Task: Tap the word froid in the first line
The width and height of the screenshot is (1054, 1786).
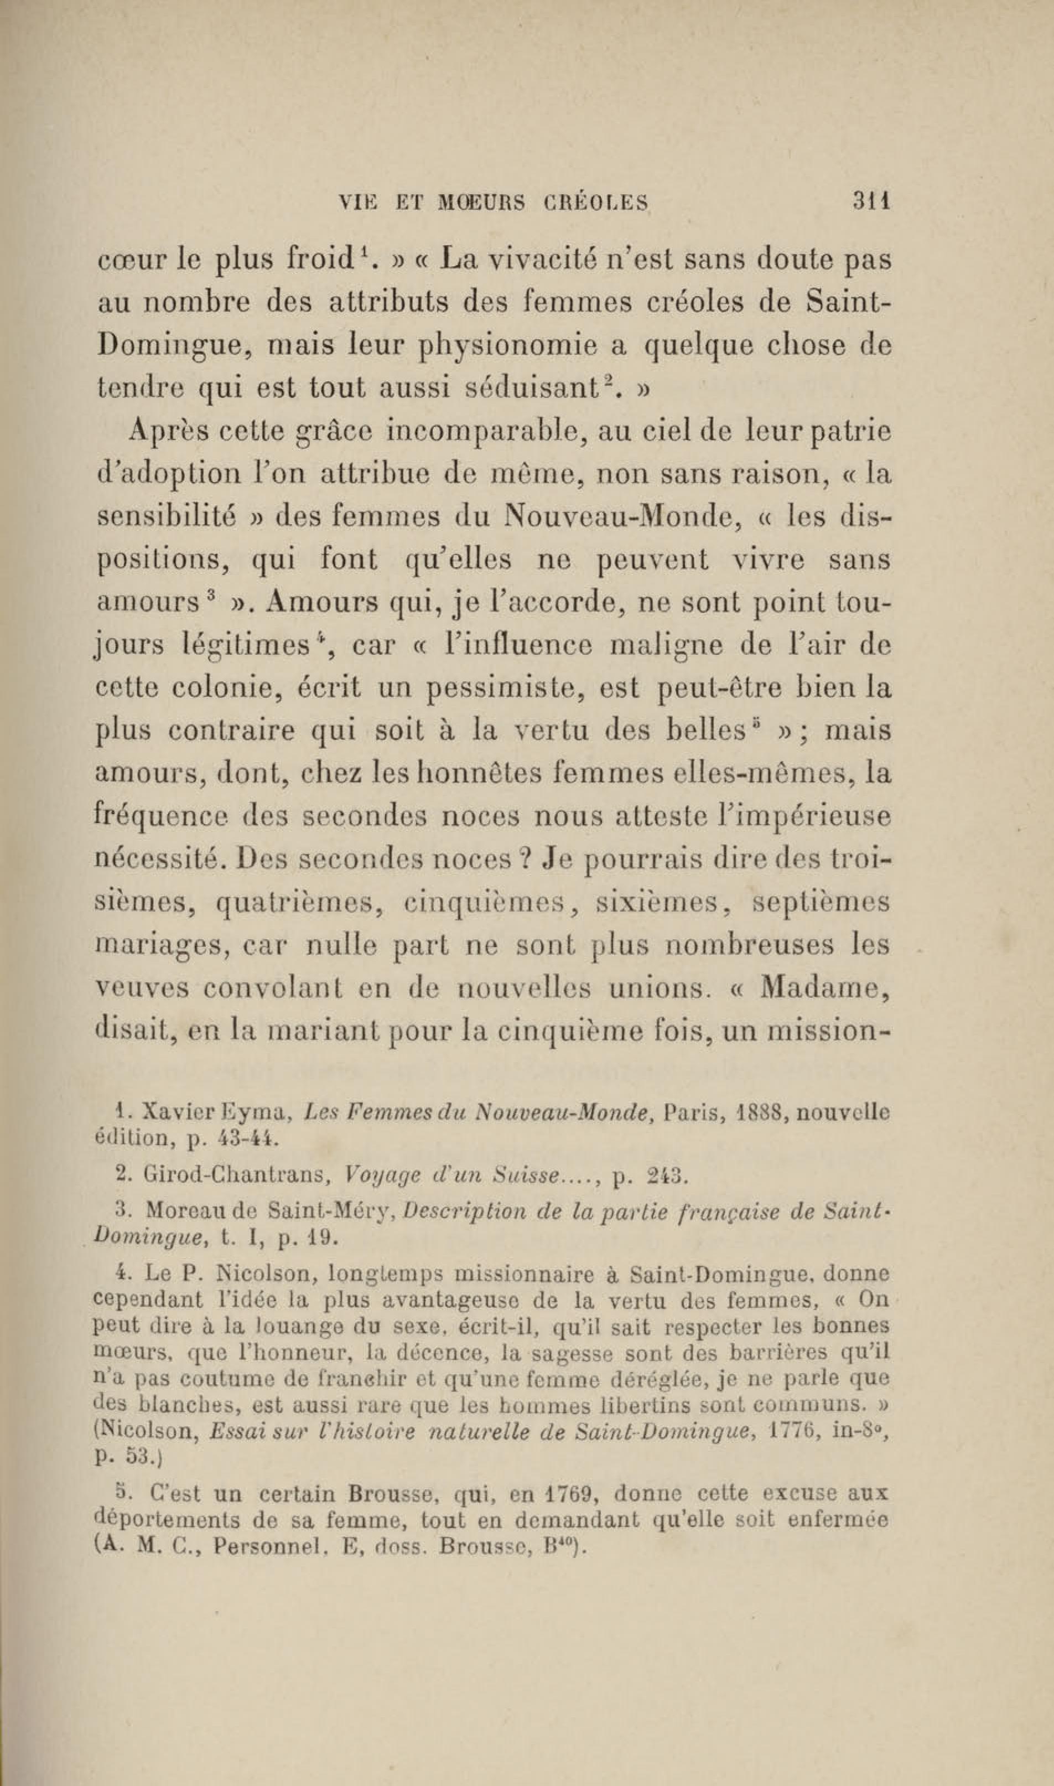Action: tap(323, 261)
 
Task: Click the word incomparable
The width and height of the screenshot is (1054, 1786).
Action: tap(484, 433)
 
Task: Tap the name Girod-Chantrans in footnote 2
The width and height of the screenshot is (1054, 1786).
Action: tap(233, 1175)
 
